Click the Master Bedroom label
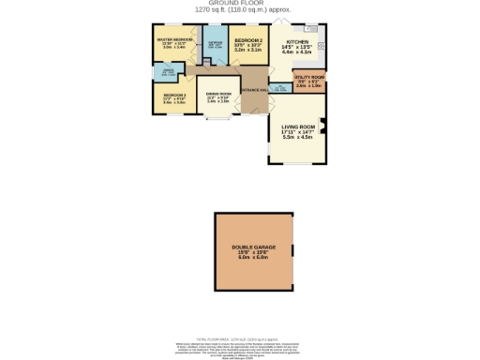(x=174, y=39)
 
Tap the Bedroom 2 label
(x=247, y=40)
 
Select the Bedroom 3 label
(x=174, y=95)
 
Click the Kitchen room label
(x=297, y=42)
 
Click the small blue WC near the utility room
(x=280, y=88)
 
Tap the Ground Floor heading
(x=240, y=4)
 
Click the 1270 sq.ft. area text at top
(x=240, y=10)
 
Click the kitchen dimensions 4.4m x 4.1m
(x=297, y=53)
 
